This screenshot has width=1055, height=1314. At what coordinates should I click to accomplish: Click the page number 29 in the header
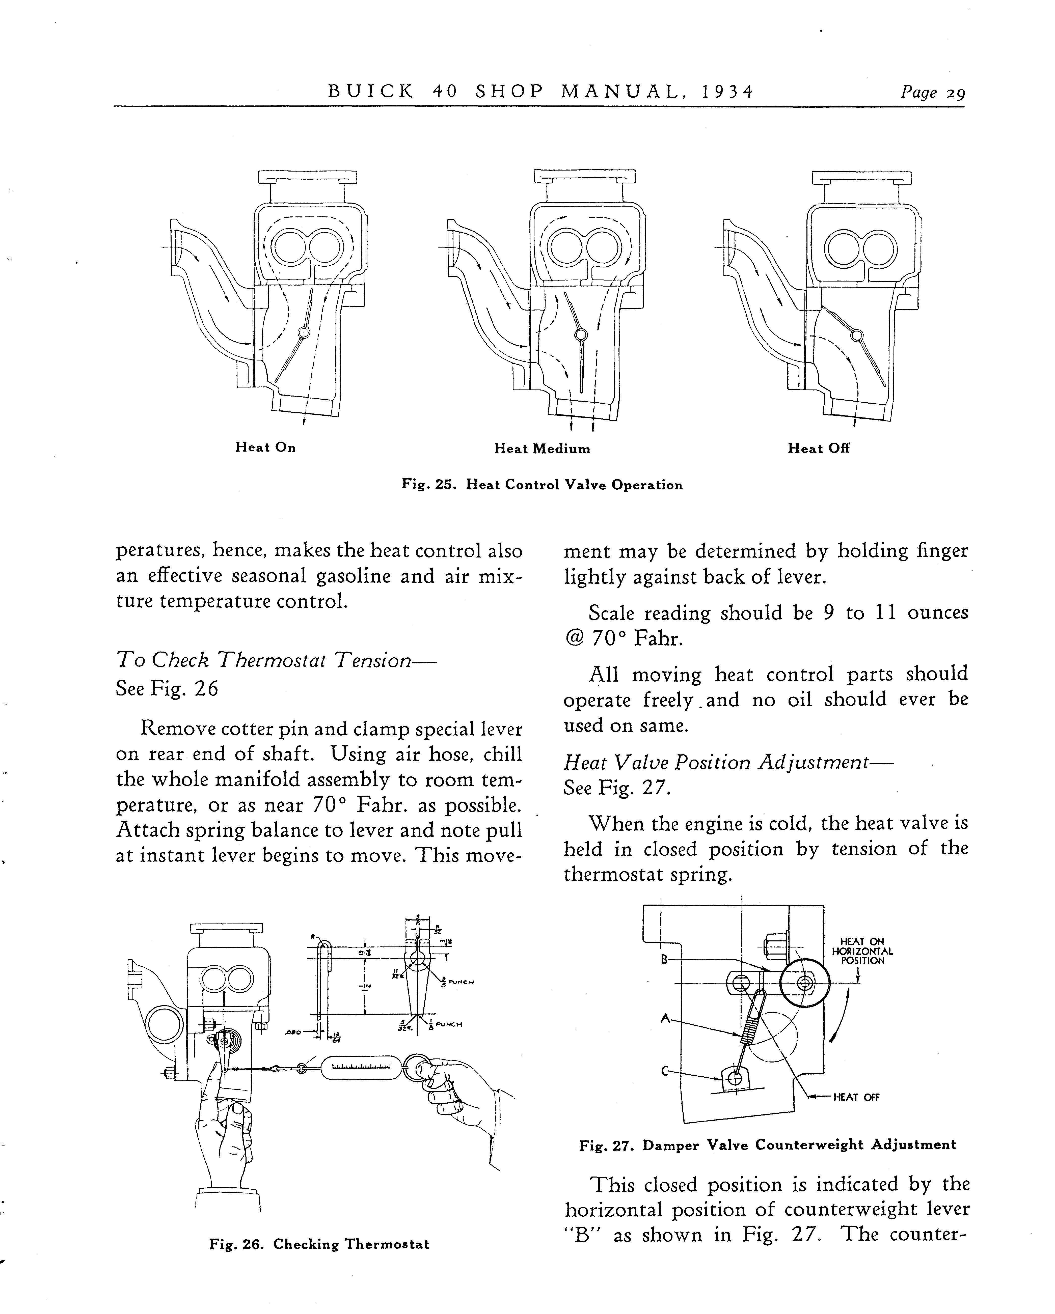(x=955, y=93)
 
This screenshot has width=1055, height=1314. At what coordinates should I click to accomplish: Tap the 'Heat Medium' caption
(x=542, y=449)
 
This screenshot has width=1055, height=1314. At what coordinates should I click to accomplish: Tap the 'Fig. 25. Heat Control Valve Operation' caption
(x=542, y=485)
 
